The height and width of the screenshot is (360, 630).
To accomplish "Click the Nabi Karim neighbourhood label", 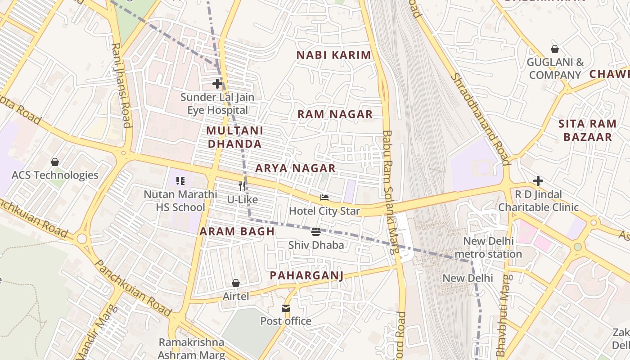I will pyautogui.click(x=333, y=55).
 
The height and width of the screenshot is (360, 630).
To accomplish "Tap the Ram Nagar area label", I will pyautogui.click(x=335, y=114).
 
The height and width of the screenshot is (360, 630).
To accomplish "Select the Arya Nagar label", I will pyautogui.click(x=295, y=168).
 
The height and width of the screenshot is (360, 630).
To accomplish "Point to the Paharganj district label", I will pyautogui.click(x=306, y=275).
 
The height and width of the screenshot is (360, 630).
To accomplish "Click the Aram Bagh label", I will pyautogui.click(x=237, y=232).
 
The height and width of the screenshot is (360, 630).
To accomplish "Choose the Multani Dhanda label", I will pyautogui.click(x=234, y=137).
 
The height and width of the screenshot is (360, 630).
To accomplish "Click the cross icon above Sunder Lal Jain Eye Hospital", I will pyautogui.click(x=217, y=84).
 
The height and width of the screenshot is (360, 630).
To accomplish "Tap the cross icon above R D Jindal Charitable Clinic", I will pyautogui.click(x=538, y=181).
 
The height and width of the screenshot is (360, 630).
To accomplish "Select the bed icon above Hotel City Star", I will pyautogui.click(x=324, y=198).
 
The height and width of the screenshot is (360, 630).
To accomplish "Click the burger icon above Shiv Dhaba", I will pyautogui.click(x=316, y=232).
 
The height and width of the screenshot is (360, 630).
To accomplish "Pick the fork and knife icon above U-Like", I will pyautogui.click(x=242, y=186).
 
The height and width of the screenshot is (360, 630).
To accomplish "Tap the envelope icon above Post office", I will pyautogui.click(x=286, y=308).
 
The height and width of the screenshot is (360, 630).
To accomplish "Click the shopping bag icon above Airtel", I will pyautogui.click(x=235, y=283).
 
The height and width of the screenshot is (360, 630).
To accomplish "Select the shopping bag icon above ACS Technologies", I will pyautogui.click(x=55, y=162).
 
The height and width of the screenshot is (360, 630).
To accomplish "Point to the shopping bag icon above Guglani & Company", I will pyautogui.click(x=555, y=49).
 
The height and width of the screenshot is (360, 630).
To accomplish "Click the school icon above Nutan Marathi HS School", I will pyautogui.click(x=180, y=181).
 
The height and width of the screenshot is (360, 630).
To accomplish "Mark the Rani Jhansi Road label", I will pyautogui.click(x=121, y=85).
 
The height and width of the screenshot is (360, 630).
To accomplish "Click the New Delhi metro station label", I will pyautogui.click(x=488, y=247).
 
